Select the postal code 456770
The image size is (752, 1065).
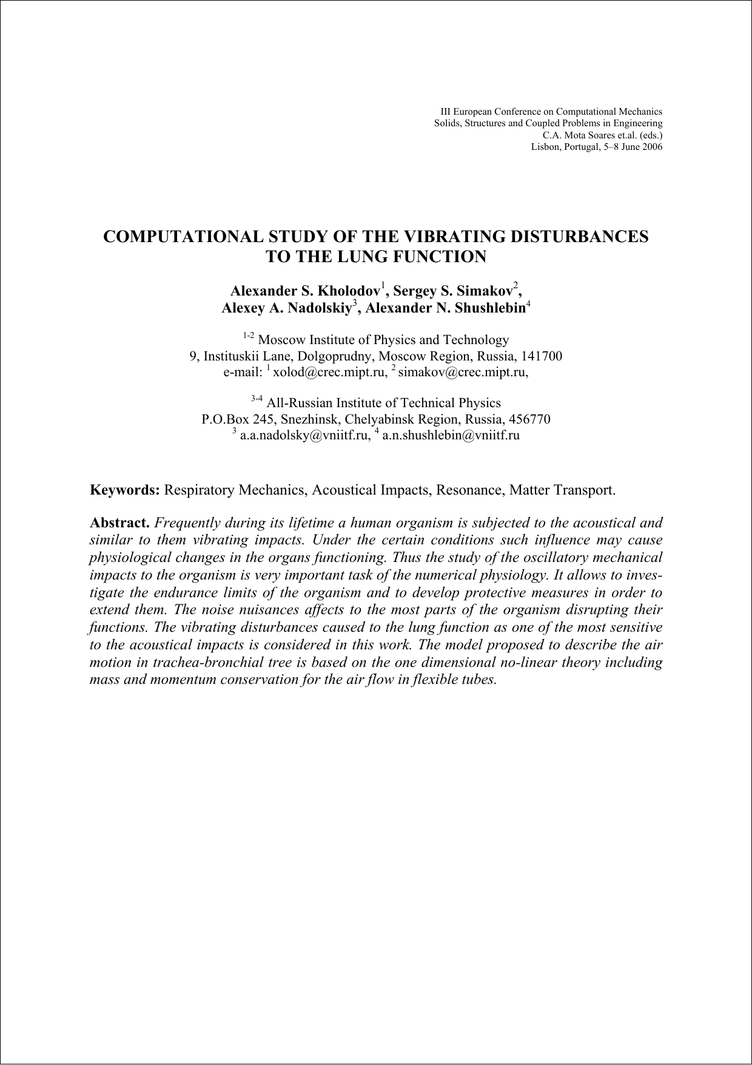pos(529,419)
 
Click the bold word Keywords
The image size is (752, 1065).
pos(124,490)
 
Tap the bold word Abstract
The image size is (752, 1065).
pos(119,523)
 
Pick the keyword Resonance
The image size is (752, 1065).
pos(469,490)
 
